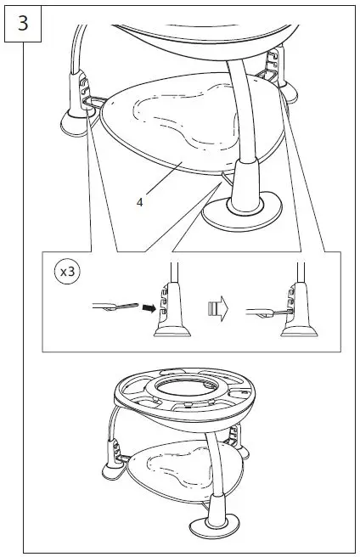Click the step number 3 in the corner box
coord(23,24)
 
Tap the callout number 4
coord(139,202)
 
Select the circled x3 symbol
coord(67,272)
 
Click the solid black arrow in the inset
coord(149,308)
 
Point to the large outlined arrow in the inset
coord(218,309)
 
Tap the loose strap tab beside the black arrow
coord(115,307)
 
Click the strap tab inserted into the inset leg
coord(268,313)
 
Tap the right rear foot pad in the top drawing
coord(290,92)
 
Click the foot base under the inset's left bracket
coord(172,332)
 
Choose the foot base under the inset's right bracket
coord(299,332)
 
